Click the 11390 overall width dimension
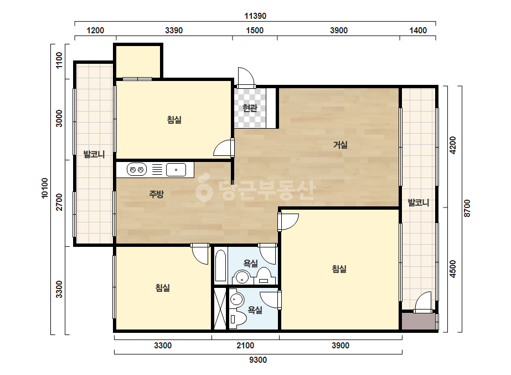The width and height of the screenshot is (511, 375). click(x=255, y=16)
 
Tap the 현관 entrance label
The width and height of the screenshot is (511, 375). click(x=250, y=108)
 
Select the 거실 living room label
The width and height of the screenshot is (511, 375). click(x=340, y=144)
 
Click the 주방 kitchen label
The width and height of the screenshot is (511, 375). click(x=156, y=194)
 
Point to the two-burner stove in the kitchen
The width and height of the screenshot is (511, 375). click(x=137, y=170)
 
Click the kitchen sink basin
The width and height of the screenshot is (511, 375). click(x=176, y=170)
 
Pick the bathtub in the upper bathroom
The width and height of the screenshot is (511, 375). click(x=221, y=265)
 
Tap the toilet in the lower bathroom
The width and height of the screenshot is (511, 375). click(x=237, y=318)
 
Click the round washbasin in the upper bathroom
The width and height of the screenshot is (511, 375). click(x=242, y=278)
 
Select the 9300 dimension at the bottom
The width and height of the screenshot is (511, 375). click(x=258, y=360)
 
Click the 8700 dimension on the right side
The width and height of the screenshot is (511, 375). click(x=467, y=209)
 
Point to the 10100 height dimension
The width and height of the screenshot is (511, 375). click(x=44, y=188)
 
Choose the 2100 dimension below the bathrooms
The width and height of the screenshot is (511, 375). click(x=245, y=345)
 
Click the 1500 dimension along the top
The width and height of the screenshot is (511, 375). click(x=255, y=31)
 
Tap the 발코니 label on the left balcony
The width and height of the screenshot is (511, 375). click(x=94, y=154)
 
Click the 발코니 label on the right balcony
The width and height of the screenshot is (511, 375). click(x=419, y=202)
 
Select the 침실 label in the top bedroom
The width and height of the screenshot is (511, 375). click(x=174, y=120)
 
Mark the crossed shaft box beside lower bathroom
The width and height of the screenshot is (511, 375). click(x=220, y=308)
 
